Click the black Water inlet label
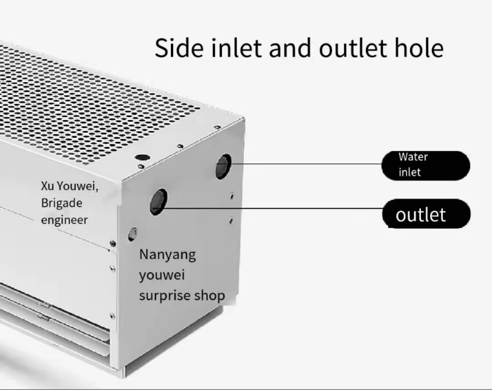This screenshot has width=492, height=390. [x=425, y=165]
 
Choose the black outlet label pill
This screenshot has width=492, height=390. [x=426, y=214]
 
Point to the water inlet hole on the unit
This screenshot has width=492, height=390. [x=223, y=166]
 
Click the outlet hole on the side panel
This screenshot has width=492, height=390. [x=158, y=202]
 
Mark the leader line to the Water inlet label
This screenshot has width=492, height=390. [x=305, y=164]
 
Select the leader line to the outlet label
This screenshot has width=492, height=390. [x=273, y=208]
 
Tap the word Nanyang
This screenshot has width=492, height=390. [x=167, y=255]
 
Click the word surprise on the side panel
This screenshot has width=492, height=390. [x=164, y=296]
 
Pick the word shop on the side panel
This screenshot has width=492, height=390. [x=210, y=296]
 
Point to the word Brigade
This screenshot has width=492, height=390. [x=62, y=203]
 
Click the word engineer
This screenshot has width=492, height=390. [x=64, y=220]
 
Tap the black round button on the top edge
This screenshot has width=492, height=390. [x=143, y=157]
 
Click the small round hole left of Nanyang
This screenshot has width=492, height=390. [x=132, y=234]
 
